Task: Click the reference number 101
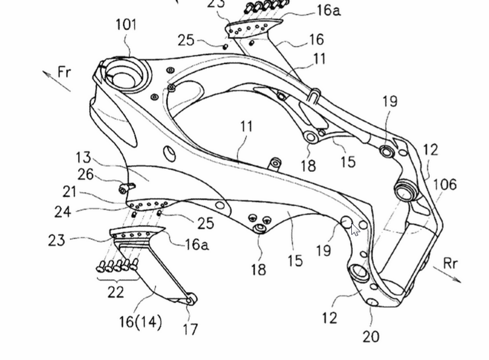pyautogui.click(x=126, y=25)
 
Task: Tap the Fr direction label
pyautogui.click(x=65, y=72)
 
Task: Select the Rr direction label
pyautogui.click(x=450, y=263)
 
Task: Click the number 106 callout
pyautogui.click(x=445, y=184)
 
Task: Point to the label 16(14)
pyautogui.click(x=141, y=322)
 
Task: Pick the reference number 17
pyautogui.click(x=190, y=329)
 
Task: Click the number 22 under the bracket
pyautogui.click(x=115, y=292)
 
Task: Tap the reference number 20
pyautogui.click(x=371, y=337)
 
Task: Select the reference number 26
pyautogui.click(x=86, y=174)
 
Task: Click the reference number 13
pyautogui.click(x=83, y=158)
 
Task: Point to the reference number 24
pyautogui.click(x=63, y=212)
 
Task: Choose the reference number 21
pyautogui.click(x=70, y=192)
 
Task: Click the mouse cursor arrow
pyautogui.click(x=355, y=230)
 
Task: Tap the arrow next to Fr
pyautogui.click(x=56, y=81)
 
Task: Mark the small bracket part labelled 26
pyautogui.click(x=126, y=187)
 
